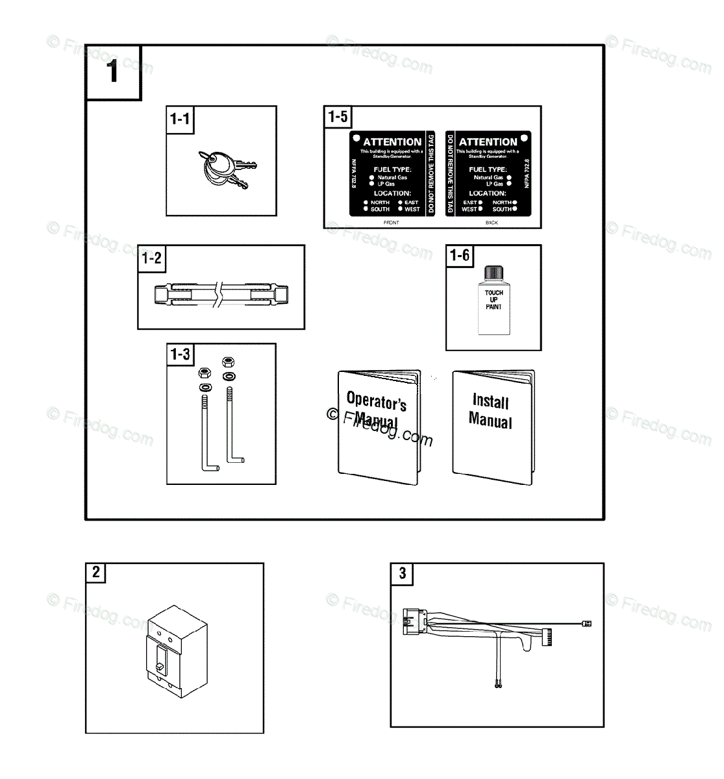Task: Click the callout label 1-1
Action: coord(179,119)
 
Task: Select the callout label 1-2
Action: coord(151,258)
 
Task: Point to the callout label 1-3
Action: coord(180,354)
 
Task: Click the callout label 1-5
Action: coord(338,117)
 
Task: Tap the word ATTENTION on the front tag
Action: coord(392,142)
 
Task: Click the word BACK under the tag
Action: coord(492,223)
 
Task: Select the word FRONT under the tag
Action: coord(392,223)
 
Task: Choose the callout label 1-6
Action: coord(460,256)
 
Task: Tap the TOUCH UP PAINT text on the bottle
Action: coord(493,300)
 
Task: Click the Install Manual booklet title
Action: coord(491,412)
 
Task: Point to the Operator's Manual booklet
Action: coord(377,428)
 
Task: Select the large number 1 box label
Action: coord(113,71)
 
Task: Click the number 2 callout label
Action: coord(96,573)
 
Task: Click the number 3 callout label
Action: coord(402,573)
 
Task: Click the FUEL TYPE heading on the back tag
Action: coord(488,169)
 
